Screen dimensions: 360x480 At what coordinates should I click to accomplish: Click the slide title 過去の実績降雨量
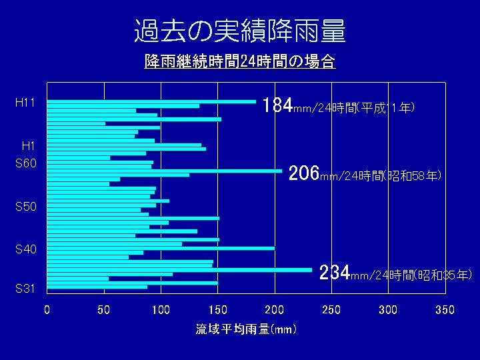[240, 31]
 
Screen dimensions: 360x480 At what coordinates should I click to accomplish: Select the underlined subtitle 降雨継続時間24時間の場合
[239, 62]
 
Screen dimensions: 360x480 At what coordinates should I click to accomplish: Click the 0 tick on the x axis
[47, 310]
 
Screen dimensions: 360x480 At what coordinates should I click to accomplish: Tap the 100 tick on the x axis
[161, 310]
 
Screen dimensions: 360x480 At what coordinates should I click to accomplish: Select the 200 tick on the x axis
[275, 310]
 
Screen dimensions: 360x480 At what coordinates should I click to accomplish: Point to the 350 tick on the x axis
[445, 310]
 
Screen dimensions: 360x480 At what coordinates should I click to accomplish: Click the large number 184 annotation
[277, 106]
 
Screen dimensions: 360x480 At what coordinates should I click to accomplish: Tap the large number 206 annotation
[304, 174]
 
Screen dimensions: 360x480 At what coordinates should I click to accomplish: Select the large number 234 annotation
[335, 273]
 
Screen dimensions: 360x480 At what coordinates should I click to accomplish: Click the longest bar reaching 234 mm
[179, 270]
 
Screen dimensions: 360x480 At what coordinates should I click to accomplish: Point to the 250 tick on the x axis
[331, 310]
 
